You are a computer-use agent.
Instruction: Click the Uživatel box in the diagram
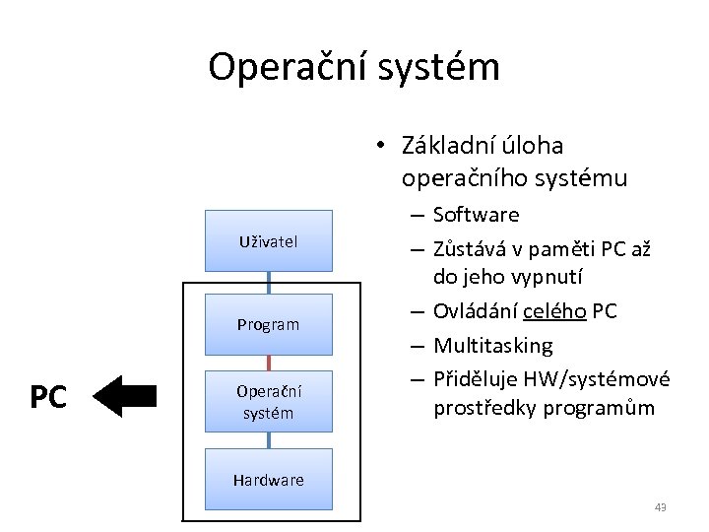[268, 240]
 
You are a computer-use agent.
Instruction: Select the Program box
[268, 324]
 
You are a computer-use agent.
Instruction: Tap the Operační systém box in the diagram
[268, 402]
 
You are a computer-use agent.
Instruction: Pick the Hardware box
[268, 480]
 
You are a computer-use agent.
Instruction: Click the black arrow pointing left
[128, 397]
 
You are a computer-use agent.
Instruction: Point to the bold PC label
[47, 398]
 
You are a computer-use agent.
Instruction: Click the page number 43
[660, 507]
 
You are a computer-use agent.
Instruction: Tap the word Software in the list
[476, 215]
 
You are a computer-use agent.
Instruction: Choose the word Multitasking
[493, 346]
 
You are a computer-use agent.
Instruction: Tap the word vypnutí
[548, 279]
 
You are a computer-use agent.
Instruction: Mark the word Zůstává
[470, 247]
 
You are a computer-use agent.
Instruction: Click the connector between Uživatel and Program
[268, 283]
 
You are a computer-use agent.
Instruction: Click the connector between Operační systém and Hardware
[268, 440]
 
